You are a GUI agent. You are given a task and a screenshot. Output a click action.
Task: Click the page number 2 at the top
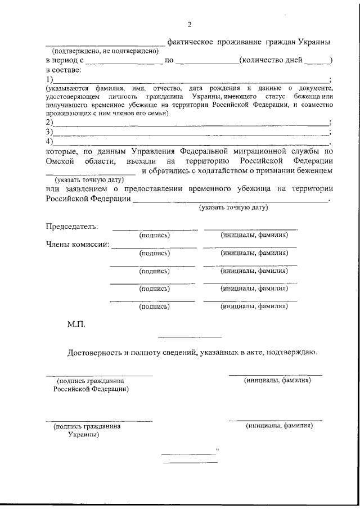click(x=190, y=24)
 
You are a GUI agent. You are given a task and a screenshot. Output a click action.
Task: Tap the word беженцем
click(x=315, y=170)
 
